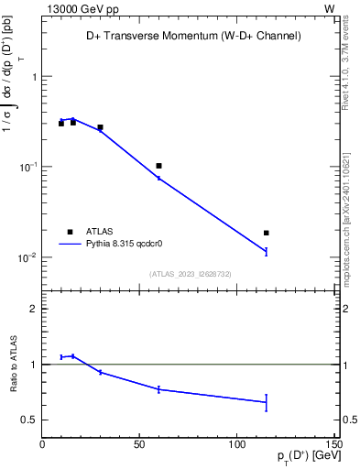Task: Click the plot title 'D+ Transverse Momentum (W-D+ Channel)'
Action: [188, 36]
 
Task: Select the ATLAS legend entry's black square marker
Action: [70, 232]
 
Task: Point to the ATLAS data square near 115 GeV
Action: [266, 233]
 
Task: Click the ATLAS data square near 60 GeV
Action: [158, 166]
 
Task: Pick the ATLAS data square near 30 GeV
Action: [100, 127]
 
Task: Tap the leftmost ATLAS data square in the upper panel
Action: [61, 123]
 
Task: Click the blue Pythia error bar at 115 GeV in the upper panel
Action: [266, 251]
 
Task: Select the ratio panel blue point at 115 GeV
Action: [266, 401]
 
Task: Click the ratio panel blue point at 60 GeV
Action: [158, 389]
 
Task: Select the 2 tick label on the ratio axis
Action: [33, 310]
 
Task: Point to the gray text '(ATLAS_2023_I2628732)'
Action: [189, 273]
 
